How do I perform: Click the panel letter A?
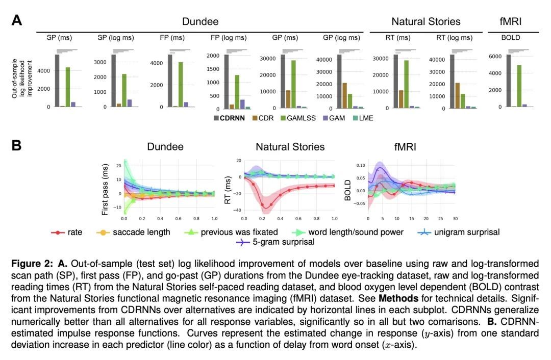[x=17, y=20]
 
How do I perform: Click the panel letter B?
[x=17, y=145]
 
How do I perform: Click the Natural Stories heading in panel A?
[x=425, y=21]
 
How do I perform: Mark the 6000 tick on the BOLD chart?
[x=495, y=56]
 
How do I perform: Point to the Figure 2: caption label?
[x=32, y=264]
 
